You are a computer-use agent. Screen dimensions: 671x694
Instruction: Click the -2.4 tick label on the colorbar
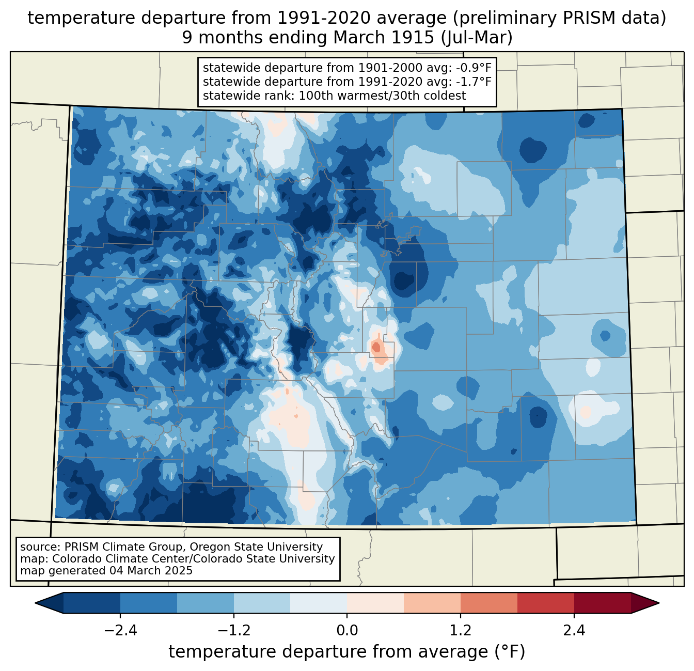pos(120,631)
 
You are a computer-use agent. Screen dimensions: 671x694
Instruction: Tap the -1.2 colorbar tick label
pos(233,631)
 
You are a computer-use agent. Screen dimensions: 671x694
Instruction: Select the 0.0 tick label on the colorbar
pos(347,631)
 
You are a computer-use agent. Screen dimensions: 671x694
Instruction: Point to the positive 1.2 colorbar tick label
pos(461,631)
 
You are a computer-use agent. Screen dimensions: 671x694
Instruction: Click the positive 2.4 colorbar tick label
pos(574,631)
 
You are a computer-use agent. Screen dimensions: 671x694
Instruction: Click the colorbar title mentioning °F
pos(346,651)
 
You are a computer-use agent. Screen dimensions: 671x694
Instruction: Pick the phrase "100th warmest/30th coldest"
pos(382,96)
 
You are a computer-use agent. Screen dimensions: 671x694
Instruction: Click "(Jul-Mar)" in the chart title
pos(476,38)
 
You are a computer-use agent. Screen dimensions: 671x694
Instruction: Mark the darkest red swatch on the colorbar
pos(602,603)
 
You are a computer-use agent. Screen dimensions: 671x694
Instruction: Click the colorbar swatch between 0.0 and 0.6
pos(375,603)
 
